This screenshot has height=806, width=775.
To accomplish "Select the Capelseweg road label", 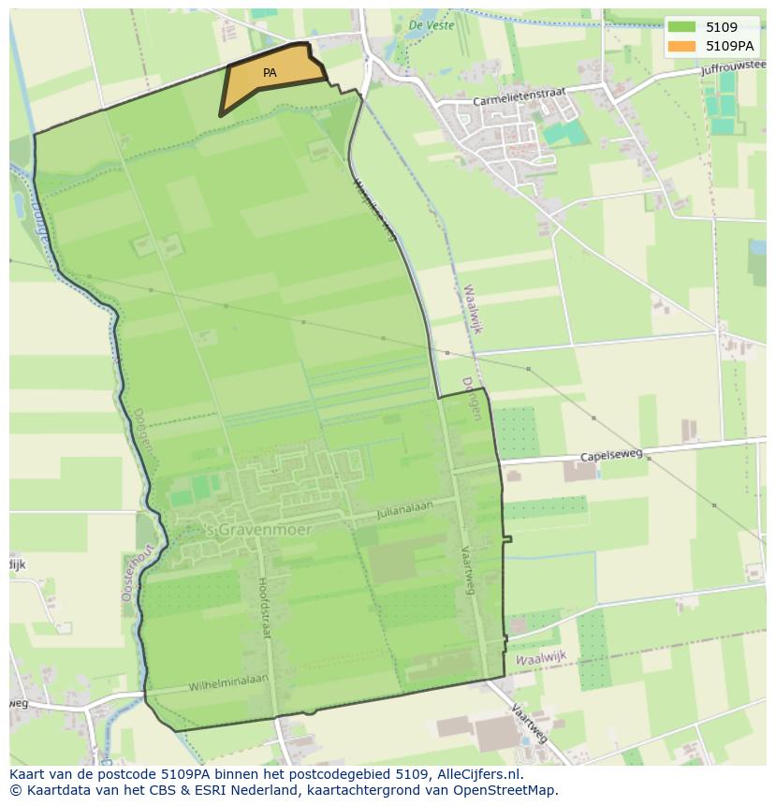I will pos(611,455).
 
